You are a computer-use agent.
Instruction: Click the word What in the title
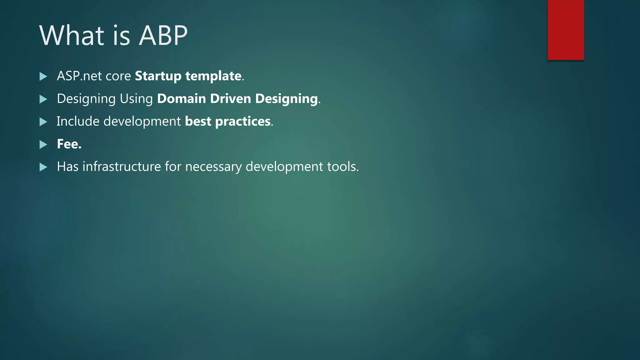pos(72,36)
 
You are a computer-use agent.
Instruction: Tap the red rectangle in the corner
pos(566,30)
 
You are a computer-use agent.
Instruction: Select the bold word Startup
pos(158,76)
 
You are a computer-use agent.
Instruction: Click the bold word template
pos(213,76)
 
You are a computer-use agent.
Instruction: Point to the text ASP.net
pos(79,76)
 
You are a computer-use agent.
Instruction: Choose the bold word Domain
pos(182,99)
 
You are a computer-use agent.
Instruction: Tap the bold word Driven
pos(231,99)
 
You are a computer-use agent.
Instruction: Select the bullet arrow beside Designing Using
pos(43,99)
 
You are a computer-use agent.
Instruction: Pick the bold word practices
pos(243,122)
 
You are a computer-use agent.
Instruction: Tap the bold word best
pos(198,121)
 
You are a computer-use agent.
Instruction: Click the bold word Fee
pos(69,144)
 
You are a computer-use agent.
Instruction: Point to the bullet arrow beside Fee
pos(43,144)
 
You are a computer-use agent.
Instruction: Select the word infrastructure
pos(122,167)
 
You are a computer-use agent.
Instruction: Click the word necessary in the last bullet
pos(213,167)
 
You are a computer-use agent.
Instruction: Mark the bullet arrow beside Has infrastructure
pos(43,167)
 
